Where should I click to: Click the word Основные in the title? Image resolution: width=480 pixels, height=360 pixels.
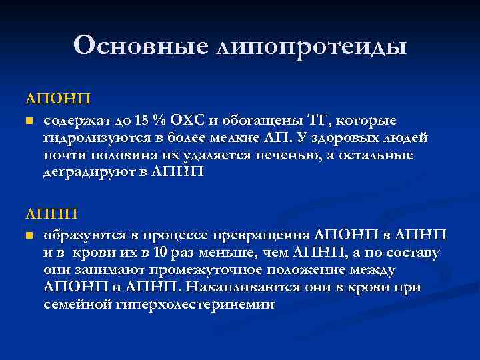tap(141, 45)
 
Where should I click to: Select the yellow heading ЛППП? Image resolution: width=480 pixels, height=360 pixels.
tap(51, 213)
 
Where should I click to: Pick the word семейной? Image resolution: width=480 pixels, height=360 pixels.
tap(75, 305)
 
